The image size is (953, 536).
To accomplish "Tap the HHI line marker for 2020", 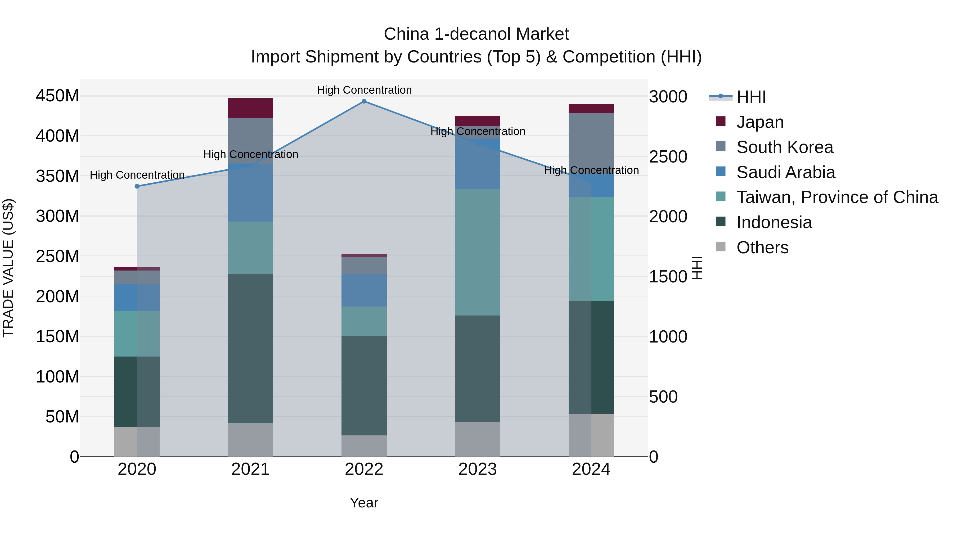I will [137, 186].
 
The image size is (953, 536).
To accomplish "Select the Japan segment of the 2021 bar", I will [250, 108].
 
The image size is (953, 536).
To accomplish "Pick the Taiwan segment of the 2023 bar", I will [477, 252].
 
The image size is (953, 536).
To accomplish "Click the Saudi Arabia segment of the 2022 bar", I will [364, 290].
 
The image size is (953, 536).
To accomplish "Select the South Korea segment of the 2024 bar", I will [591, 142].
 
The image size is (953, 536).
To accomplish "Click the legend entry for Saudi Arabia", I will [785, 172].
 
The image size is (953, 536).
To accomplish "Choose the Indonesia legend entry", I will [774, 222].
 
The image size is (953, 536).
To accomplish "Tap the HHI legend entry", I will [751, 97].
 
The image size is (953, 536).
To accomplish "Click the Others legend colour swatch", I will [720, 247].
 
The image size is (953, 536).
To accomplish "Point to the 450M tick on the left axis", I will [57, 96].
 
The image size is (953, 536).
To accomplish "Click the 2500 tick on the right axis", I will [668, 157].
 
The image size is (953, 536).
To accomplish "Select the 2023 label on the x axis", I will [477, 469].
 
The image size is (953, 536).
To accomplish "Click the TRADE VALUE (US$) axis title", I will [8, 268].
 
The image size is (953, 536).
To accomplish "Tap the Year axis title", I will [364, 503].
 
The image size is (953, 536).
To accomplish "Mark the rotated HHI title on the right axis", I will [697, 268].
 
